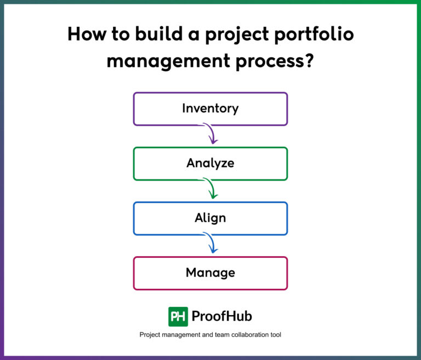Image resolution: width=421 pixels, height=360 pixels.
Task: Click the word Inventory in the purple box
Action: coord(210,108)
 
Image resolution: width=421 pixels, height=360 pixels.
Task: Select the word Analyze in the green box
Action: coord(210,163)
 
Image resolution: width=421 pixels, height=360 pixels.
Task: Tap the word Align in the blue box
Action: coord(210,217)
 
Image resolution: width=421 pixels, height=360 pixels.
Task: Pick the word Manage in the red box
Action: coord(210,272)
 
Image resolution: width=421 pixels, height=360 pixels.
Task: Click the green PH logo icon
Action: coord(178,316)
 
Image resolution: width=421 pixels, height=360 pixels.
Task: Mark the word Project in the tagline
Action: coord(151,334)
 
